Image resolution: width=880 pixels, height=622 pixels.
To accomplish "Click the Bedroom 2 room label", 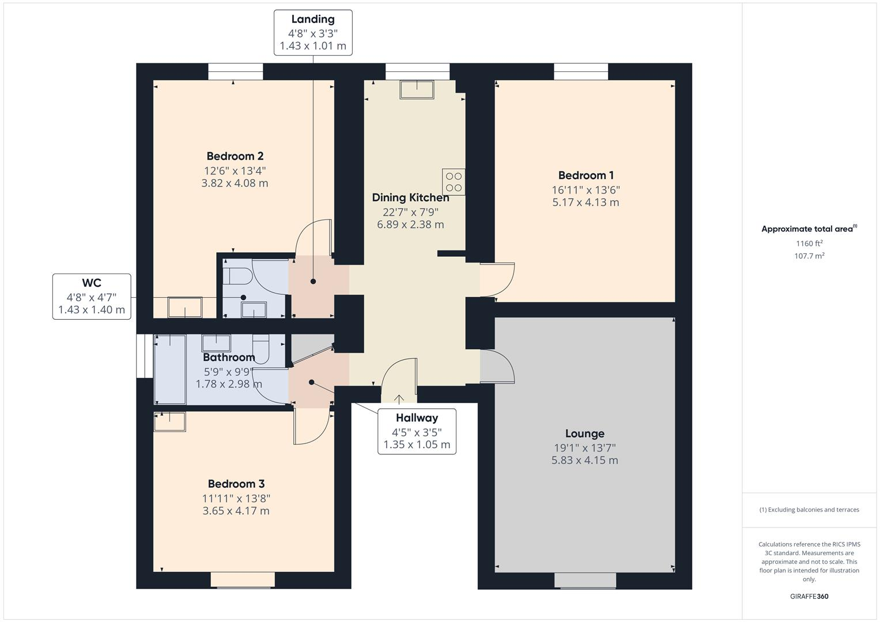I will coord(235,156).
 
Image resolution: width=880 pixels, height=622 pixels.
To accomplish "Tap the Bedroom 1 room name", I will coord(586,175).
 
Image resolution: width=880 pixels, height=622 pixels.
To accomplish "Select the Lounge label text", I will coord(584,434).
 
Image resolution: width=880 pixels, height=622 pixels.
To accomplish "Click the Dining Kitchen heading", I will coord(410,198).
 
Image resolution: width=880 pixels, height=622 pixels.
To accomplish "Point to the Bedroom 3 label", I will coord(236,484).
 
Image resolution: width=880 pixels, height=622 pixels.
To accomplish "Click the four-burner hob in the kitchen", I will coord(454,181).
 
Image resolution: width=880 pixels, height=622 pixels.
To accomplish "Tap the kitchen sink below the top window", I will coord(417,89).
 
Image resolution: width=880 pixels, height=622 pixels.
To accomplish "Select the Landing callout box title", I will coord(313,20).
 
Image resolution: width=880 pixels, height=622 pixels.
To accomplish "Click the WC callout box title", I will coord(92,283).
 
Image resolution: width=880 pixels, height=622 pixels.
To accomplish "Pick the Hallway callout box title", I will coord(417,418).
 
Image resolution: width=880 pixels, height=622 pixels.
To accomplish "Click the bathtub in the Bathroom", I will coord(170,369).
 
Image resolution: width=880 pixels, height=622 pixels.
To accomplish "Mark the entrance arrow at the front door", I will coord(399,399).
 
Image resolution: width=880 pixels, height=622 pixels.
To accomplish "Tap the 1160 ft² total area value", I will coord(809,244).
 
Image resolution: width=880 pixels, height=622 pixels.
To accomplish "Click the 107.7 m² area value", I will coord(809,256).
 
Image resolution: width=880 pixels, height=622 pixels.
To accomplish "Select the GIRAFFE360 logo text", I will coord(809,597).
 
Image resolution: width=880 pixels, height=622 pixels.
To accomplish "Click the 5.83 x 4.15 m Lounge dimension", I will coord(584,460).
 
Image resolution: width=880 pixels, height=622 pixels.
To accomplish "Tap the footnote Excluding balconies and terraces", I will coord(809,510).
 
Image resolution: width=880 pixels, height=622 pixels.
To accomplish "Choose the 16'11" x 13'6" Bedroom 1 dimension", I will coord(586,189).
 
